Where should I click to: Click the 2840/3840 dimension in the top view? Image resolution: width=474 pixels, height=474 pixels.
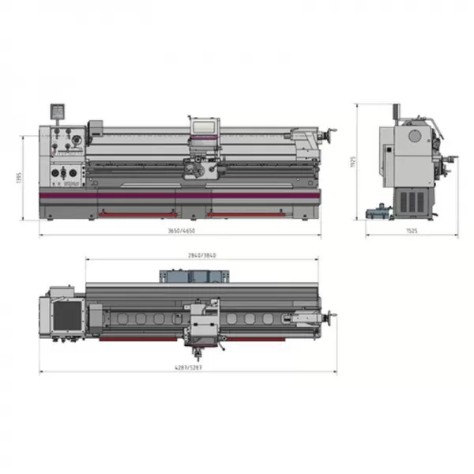pos(201,255)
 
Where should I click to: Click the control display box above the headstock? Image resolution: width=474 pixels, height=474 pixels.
pos(56,111)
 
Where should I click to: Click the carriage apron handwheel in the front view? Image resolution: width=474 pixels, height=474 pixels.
pos(190,167)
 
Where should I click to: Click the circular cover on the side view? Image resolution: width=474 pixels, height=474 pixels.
pos(413,135)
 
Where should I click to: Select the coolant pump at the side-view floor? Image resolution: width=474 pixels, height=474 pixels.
pos(379,211)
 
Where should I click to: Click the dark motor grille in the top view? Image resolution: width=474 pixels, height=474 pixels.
pos(65,314)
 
